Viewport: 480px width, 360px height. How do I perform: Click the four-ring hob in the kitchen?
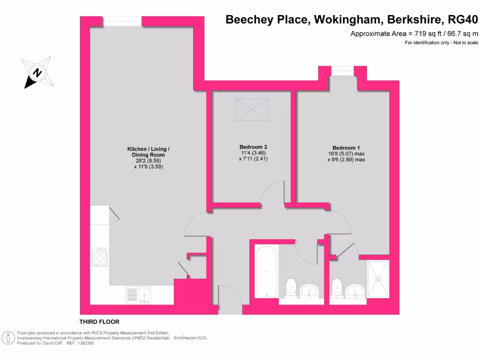click(99, 257)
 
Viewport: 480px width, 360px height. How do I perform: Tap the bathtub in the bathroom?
click(266, 271)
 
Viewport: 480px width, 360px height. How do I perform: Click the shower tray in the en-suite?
click(378, 278)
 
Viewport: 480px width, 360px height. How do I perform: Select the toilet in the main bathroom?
click(291, 287)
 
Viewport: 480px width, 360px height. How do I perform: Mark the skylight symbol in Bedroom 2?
click(252, 110)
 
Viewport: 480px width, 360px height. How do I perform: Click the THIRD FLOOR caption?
click(99, 322)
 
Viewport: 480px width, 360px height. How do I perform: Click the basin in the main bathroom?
click(309, 291)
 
